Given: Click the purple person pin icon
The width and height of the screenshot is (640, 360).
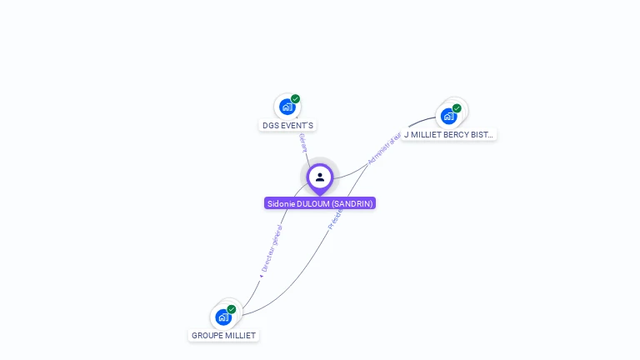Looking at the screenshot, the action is click(320, 177).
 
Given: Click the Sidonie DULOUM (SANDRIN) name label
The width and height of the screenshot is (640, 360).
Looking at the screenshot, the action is click(320, 203).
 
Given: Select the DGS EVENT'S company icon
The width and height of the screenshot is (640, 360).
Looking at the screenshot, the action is click(287, 107).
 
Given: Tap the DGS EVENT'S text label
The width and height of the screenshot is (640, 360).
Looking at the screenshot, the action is click(288, 126).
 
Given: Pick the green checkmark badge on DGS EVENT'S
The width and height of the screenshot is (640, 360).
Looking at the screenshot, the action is click(295, 99).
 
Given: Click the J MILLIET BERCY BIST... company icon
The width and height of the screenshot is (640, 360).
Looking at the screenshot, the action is click(449, 116).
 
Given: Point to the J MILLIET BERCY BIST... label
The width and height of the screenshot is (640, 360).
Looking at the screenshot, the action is click(448, 134).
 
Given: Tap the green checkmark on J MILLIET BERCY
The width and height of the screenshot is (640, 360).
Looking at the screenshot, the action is click(457, 108).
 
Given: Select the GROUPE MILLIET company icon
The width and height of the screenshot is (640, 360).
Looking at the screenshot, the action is click(223, 317).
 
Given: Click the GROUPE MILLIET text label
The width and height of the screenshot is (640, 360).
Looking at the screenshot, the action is click(224, 336).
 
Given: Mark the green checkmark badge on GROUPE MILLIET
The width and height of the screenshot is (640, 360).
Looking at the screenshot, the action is click(232, 309).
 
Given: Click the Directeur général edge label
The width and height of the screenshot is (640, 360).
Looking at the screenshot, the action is click(272, 248).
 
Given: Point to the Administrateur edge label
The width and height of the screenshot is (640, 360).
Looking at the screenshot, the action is click(384, 147).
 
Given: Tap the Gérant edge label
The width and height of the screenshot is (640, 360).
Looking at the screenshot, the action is click(302, 142).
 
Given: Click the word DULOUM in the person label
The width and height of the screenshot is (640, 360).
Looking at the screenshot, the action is click(312, 203).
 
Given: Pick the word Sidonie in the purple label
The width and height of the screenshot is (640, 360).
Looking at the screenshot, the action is click(281, 203).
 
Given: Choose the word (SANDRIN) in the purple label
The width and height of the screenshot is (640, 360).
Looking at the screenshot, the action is click(352, 203).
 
